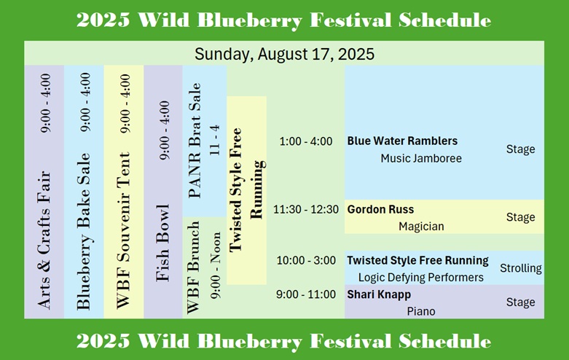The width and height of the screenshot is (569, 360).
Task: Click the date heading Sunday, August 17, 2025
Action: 284,54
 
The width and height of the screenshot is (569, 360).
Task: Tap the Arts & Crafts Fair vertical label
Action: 44,240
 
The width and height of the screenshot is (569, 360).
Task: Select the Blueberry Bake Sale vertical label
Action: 84,232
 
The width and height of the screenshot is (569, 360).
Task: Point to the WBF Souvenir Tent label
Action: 123,230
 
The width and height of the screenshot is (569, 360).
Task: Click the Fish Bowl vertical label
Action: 163,243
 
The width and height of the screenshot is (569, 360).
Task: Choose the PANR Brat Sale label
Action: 195,141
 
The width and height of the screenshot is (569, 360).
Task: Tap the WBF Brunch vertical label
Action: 193,267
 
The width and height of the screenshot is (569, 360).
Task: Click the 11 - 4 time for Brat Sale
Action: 215,140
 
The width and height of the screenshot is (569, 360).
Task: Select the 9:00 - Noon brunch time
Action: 216,265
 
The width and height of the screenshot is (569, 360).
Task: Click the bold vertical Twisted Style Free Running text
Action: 246,189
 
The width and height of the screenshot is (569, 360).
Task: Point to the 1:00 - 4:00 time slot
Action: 305,141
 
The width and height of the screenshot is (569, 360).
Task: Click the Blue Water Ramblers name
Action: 402,141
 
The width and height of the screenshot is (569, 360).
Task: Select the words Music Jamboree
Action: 421,158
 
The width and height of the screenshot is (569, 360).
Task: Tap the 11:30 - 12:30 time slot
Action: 305,209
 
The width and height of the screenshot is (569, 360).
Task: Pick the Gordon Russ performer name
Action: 380,209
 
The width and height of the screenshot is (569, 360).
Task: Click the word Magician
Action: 421,227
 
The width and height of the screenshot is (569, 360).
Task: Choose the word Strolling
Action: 521,268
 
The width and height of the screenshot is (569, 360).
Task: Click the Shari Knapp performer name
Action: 379,294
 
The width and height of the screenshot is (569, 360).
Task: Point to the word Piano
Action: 421,311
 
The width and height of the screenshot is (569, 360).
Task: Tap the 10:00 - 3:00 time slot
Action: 306,260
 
